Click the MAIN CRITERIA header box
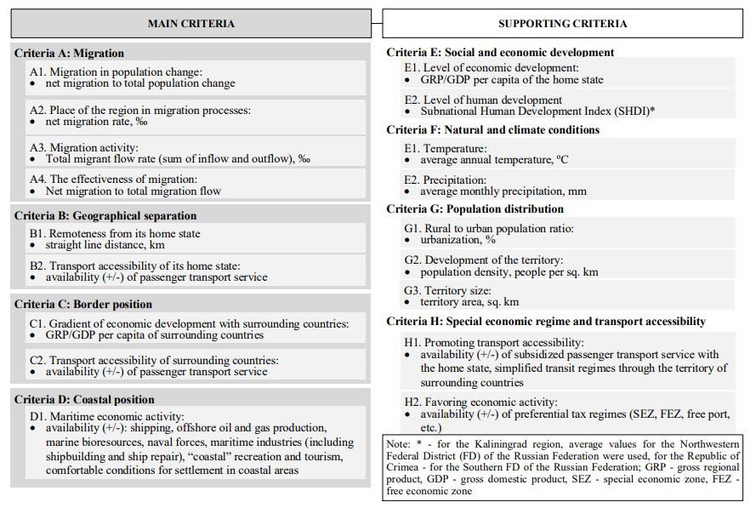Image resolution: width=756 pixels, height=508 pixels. pos(190,24)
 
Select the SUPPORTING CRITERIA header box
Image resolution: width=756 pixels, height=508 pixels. pos(562,24)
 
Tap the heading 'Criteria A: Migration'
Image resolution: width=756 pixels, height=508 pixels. pos(69,54)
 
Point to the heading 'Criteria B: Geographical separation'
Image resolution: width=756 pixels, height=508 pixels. pos(105,216)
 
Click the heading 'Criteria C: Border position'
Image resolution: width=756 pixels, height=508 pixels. pos(83,305)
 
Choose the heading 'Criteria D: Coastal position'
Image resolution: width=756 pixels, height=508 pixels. pos(84,400)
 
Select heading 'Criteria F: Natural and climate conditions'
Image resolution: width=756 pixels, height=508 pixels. pos(492,130)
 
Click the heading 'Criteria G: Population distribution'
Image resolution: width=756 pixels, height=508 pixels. pos(475,209)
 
